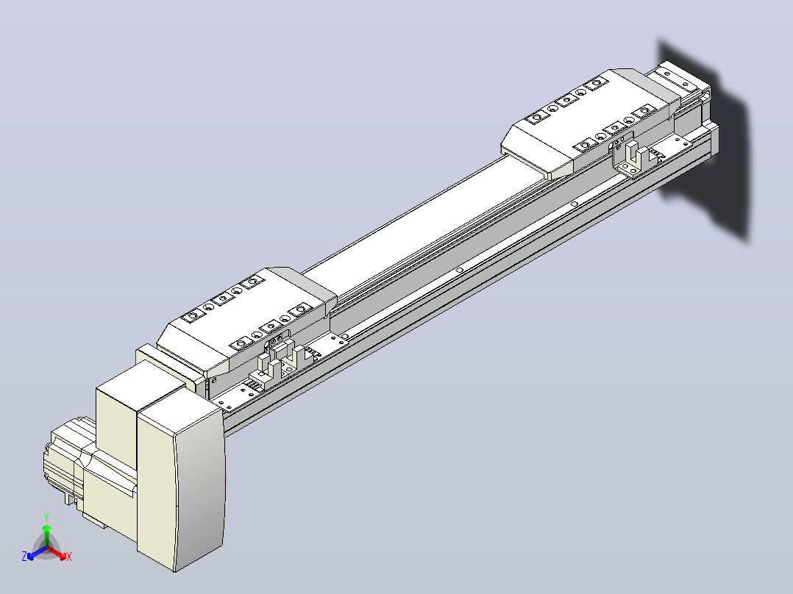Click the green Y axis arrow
(x=46, y=536)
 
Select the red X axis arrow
(x=56, y=552)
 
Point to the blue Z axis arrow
(x=37, y=553)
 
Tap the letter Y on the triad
(x=46, y=517)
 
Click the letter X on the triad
(x=69, y=557)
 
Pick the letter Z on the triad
(x=24, y=557)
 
